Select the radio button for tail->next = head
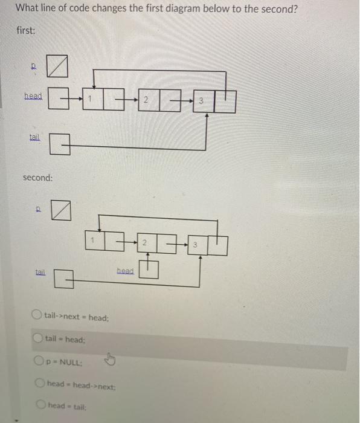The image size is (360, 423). (x=37, y=315)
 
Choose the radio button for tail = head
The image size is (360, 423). (x=38, y=339)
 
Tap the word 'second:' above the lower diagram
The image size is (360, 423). (x=37, y=178)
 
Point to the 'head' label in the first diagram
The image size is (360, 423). (x=33, y=96)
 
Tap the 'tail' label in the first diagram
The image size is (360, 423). (x=35, y=137)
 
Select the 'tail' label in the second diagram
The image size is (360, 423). (x=40, y=273)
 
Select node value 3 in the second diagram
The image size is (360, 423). (x=196, y=245)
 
